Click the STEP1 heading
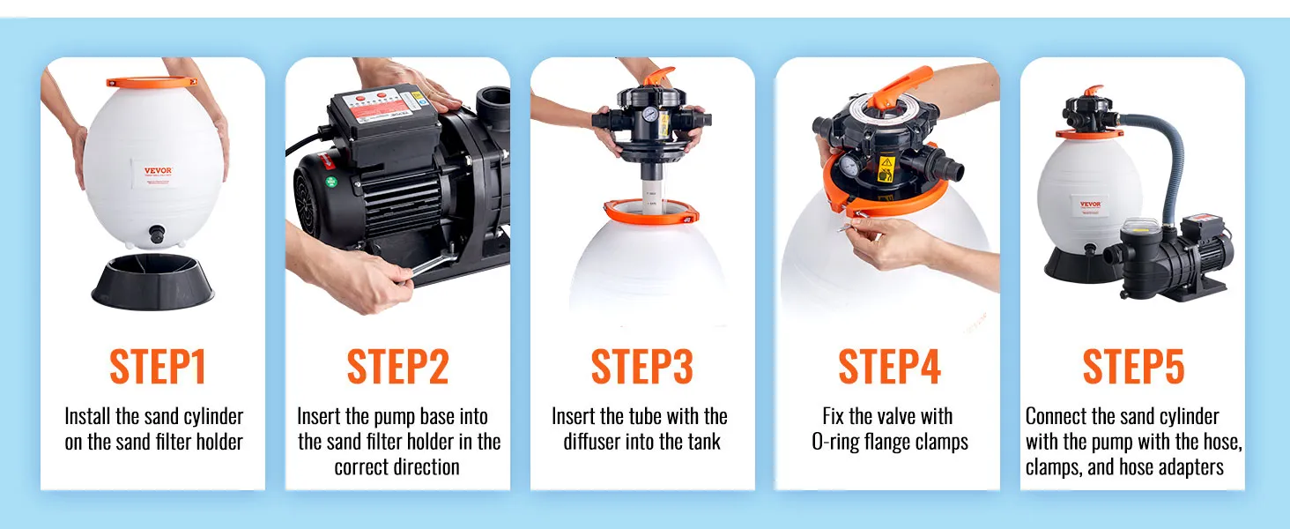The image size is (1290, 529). pos(158,367)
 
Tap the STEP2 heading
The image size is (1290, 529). pos(398,367)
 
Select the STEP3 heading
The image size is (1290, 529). pos(642,367)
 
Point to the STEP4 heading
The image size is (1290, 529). pos(890,367)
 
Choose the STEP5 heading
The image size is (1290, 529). pos(1133,367)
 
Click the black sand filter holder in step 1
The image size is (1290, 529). pos(153,280)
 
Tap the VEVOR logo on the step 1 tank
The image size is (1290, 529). pos(158,170)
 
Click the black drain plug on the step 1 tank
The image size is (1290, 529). pos(157,234)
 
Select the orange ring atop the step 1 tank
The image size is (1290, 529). pos(152,82)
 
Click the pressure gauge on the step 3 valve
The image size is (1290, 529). pos(651,114)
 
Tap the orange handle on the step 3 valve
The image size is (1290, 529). pos(659,76)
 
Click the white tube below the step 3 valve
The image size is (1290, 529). pos(652,196)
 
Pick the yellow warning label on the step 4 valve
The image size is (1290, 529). pos(886,168)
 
